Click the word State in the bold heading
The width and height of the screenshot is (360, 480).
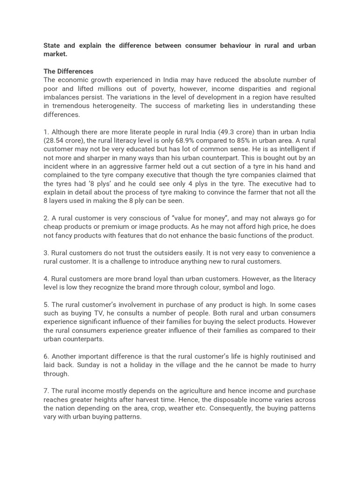[x=53, y=45]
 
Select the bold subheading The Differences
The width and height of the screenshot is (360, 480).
[x=68, y=71]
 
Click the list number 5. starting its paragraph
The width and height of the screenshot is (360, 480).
[x=46, y=304]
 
